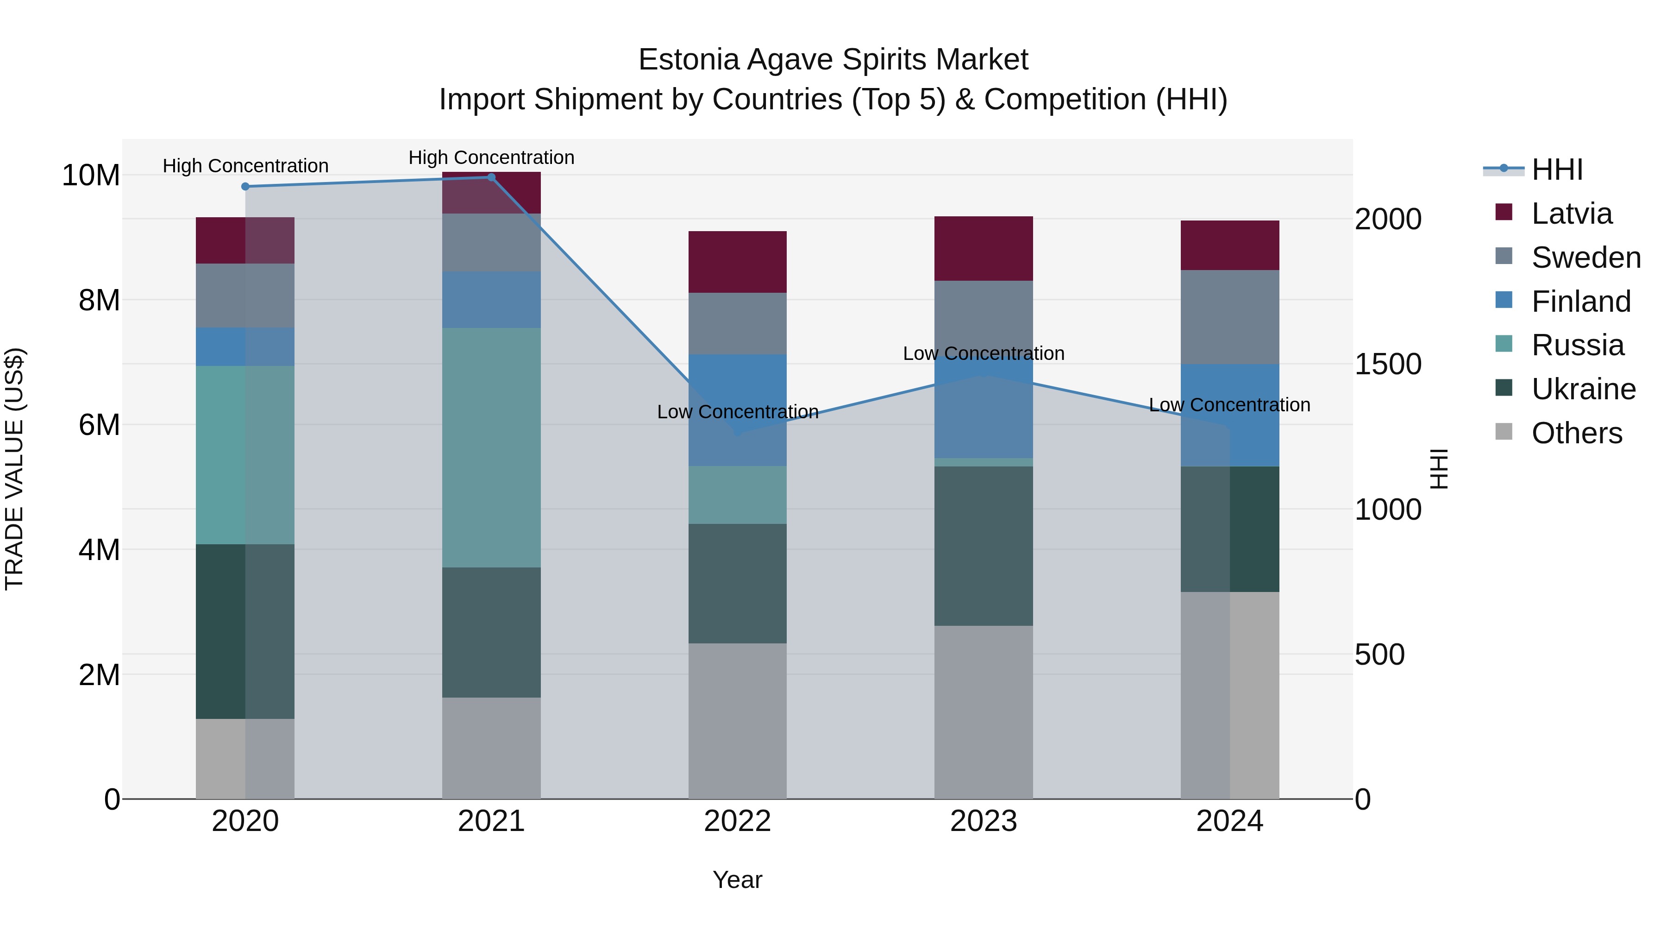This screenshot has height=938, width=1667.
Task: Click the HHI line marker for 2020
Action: [245, 186]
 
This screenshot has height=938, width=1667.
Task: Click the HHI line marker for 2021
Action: [491, 177]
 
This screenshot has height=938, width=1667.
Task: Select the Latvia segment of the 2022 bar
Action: [737, 262]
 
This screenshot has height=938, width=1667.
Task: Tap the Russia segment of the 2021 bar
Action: [491, 447]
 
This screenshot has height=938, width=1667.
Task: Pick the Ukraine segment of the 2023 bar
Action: [983, 546]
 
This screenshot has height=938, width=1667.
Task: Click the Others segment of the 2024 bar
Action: [1229, 695]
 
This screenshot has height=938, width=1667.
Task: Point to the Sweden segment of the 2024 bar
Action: [1229, 317]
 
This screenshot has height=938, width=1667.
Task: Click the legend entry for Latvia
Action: [1571, 214]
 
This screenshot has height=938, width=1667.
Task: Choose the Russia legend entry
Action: [1577, 345]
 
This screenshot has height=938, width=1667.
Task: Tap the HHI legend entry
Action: [1556, 170]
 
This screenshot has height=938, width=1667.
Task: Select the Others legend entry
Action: [1576, 433]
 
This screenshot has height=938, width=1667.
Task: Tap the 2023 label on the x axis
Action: [983, 821]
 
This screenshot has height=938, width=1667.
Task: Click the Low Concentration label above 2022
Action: [737, 412]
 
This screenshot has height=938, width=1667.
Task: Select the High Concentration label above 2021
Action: [491, 157]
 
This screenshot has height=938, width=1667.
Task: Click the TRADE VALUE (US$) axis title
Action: [15, 469]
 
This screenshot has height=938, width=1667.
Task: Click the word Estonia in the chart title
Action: [688, 60]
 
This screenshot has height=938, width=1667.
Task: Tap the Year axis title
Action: [737, 880]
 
